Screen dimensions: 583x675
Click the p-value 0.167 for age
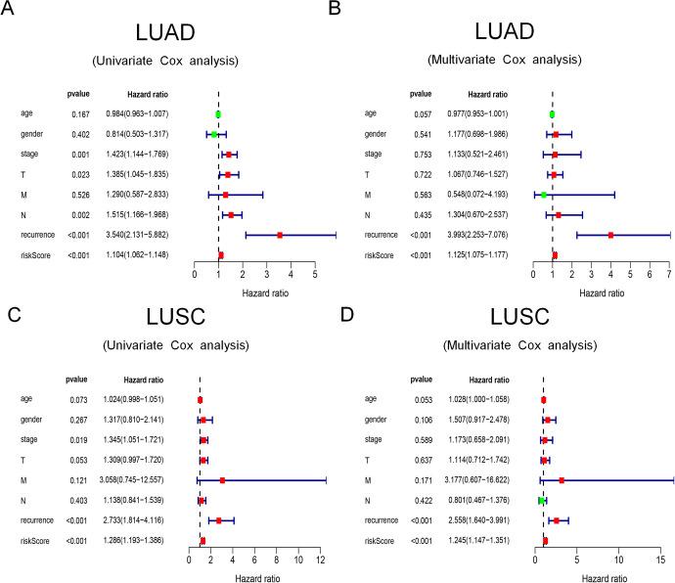(81, 113)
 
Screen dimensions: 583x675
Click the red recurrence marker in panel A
(280, 235)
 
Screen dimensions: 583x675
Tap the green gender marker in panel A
(213, 134)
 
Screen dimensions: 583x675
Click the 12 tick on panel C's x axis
(321, 560)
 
